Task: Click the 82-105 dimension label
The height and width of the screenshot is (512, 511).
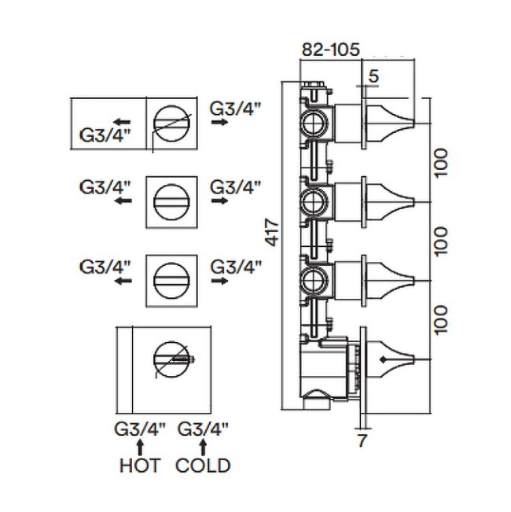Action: [x=330, y=50]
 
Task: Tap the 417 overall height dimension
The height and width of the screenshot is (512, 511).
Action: [x=272, y=233]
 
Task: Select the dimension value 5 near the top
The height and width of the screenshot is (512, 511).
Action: [x=373, y=76]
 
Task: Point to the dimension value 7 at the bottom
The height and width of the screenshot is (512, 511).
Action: [x=362, y=440]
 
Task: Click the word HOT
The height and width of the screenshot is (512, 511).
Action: [x=140, y=466]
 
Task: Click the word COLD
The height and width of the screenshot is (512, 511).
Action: [x=203, y=466]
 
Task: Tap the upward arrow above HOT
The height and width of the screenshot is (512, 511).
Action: [x=140, y=447]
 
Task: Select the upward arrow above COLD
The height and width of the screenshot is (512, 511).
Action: [x=203, y=447]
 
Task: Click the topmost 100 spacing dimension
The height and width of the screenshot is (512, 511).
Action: [x=440, y=162]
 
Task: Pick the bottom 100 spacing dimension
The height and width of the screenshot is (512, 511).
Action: [x=440, y=319]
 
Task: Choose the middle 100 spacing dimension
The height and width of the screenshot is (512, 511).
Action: [x=440, y=241]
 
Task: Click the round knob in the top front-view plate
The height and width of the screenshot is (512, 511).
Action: [x=171, y=123]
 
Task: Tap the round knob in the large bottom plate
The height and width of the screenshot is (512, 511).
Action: [x=171, y=359]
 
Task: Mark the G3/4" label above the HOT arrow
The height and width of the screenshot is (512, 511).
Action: [x=140, y=429]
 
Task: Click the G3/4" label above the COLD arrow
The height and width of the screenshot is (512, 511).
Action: [x=203, y=429]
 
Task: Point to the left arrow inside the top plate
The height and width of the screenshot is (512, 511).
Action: [x=123, y=123]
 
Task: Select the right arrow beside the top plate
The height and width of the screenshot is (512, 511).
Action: [x=219, y=123]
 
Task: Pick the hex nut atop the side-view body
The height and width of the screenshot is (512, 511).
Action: [x=313, y=85]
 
